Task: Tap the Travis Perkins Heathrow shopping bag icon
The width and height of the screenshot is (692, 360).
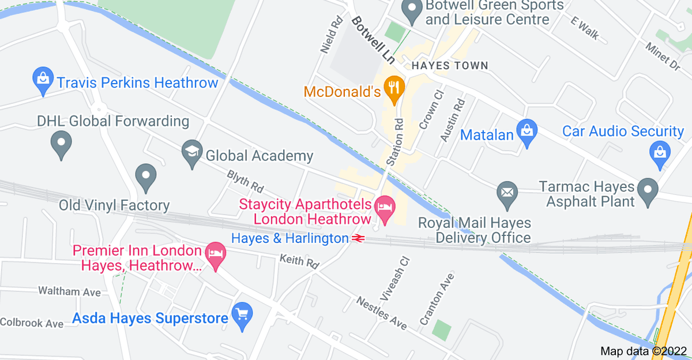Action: point(43,82)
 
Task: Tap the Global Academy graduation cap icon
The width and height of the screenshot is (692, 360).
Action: point(191,155)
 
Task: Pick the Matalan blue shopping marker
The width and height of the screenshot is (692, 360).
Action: point(527,134)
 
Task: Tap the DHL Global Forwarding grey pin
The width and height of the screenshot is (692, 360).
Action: point(61,144)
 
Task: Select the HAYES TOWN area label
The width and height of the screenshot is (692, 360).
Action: point(449,66)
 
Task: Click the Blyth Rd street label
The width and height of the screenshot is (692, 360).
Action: point(245,181)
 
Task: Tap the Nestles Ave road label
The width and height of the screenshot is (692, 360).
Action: point(381,313)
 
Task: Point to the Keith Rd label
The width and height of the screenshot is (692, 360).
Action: point(299,261)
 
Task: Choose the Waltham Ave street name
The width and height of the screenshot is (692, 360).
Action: point(69,291)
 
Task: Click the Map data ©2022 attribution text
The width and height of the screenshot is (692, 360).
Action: point(643,351)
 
